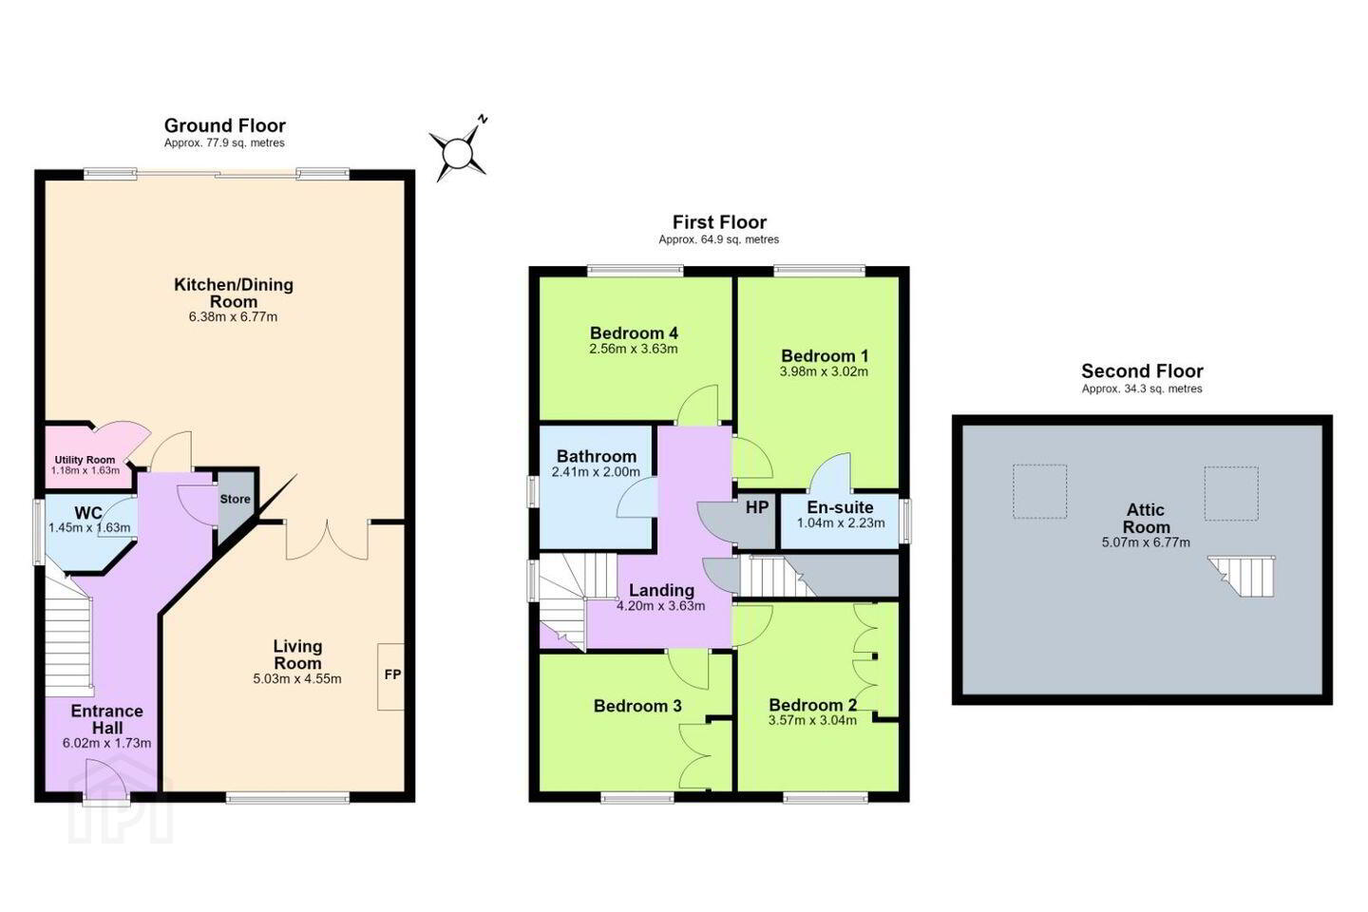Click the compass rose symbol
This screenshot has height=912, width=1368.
(458, 151)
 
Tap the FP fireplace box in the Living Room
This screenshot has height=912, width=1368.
(390, 676)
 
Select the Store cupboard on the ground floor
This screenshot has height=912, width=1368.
(236, 507)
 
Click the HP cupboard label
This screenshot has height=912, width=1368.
(756, 507)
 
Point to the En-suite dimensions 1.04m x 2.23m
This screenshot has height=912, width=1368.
(841, 522)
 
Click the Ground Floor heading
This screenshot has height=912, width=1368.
(225, 125)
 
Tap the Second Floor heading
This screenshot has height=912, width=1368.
(1142, 370)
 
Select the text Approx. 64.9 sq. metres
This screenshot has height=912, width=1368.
(719, 239)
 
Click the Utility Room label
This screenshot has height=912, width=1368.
(85, 460)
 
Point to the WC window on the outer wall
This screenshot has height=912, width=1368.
(38, 532)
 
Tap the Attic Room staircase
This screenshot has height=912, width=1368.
(1242, 576)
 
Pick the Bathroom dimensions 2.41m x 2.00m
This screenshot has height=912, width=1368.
(596, 471)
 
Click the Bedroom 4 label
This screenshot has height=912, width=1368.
(634, 332)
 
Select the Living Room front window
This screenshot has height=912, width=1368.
(288, 797)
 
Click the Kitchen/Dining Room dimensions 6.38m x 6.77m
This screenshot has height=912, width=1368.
(234, 316)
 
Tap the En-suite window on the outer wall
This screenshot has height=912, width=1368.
(906, 521)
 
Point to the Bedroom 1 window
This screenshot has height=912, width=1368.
(820, 271)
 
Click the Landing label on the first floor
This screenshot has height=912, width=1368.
(661, 590)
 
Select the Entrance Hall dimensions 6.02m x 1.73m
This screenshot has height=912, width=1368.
(106, 744)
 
